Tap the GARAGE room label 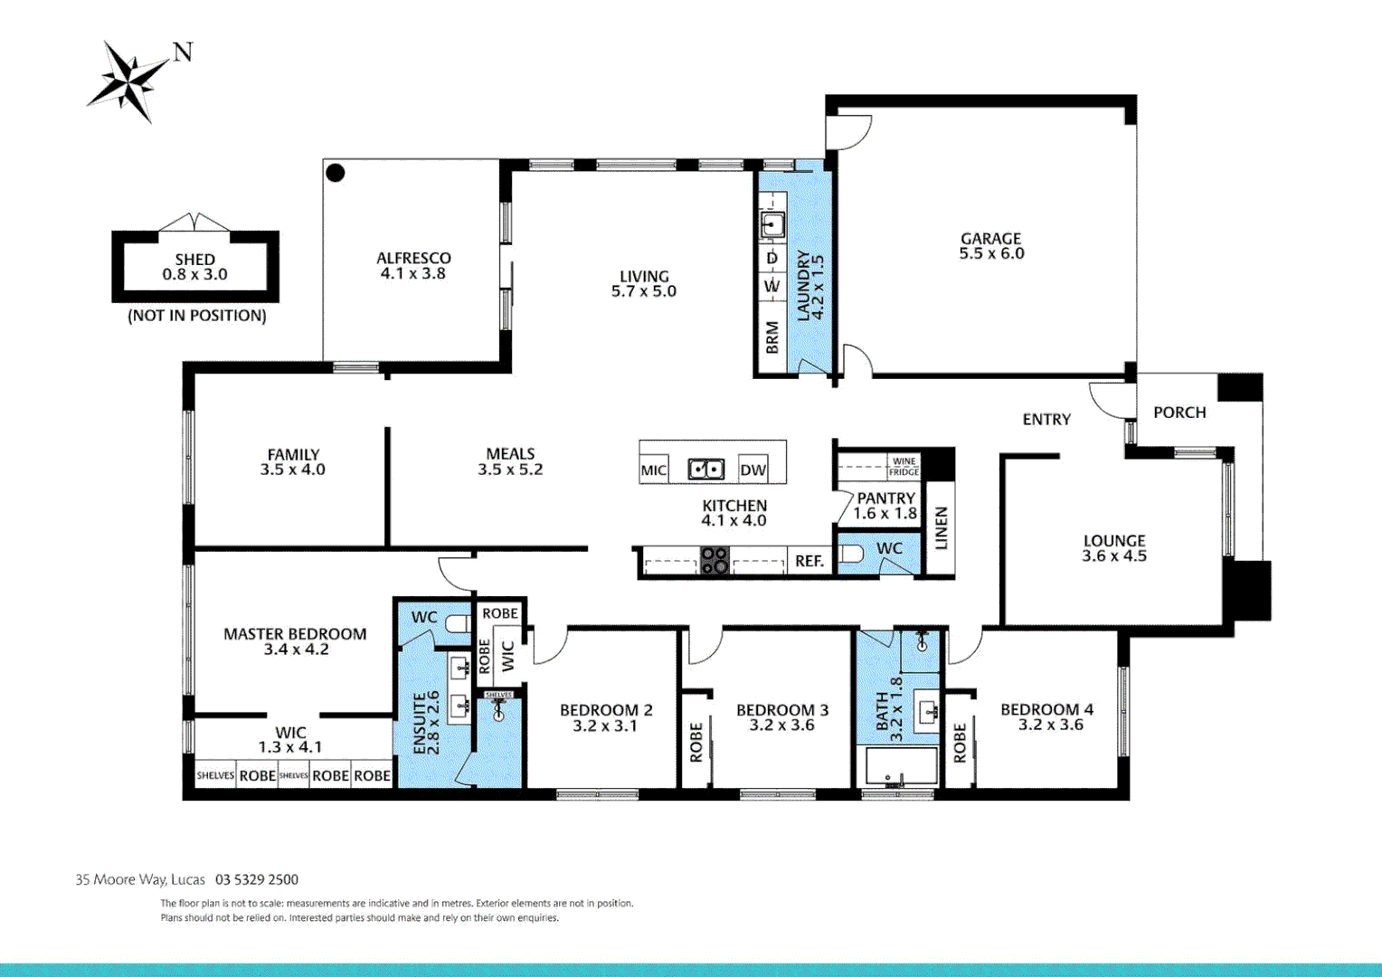(x=991, y=239)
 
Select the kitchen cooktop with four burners (x=715, y=561)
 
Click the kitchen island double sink (x=706, y=470)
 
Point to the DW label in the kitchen (x=753, y=470)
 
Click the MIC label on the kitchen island (x=653, y=470)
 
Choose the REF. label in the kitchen (x=809, y=562)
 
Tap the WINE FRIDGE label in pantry (x=904, y=467)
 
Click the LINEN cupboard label (x=942, y=528)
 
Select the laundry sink (x=772, y=223)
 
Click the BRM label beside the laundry (x=772, y=337)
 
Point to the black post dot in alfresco (x=336, y=173)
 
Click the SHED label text (x=195, y=260)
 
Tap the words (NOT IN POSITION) (x=197, y=316)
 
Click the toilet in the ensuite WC (x=458, y=623)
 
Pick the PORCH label (x=1179, y=413)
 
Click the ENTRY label (x=1046, y=420)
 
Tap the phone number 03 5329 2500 (x=257, y=879)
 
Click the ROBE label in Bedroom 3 (x=696, y=742)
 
